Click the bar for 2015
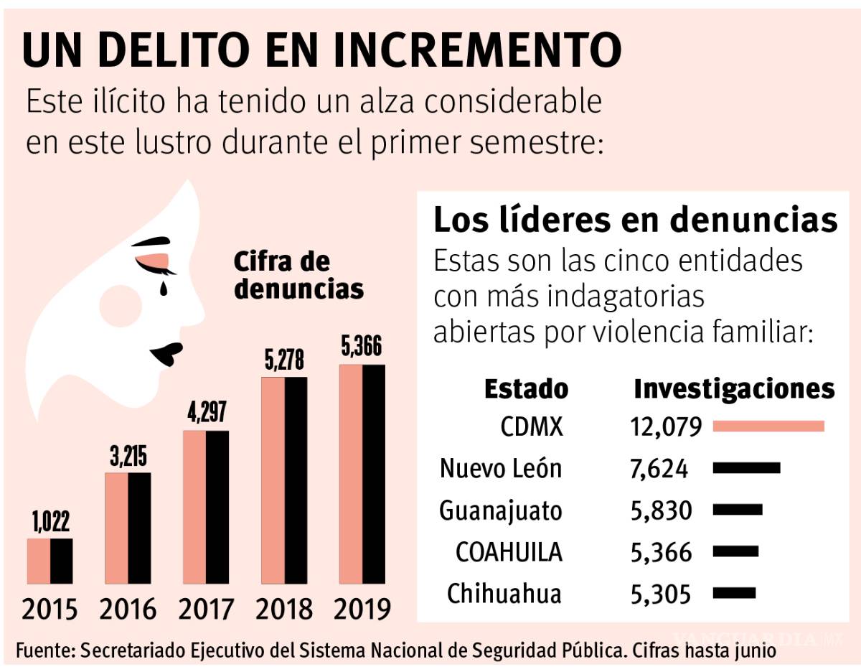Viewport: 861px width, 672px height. click(50, 561)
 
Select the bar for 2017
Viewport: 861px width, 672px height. click(206, 507)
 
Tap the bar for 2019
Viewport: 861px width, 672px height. click(362, 474)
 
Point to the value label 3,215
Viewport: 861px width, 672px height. click(128, 458)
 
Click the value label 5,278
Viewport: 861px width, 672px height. click(284, 362)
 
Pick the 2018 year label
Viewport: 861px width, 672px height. click(284, 610)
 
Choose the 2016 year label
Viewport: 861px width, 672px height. click(128, 610)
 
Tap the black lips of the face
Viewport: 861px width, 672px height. click(166, 352)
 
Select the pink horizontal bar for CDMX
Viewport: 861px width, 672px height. click(768, 426)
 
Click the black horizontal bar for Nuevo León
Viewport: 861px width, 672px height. click(746, 468)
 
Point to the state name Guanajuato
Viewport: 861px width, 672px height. click(501, 510)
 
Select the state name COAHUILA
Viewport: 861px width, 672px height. click(509, 552)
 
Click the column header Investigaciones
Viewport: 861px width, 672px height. click(734, 389)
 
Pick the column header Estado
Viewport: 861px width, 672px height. click(526, 389)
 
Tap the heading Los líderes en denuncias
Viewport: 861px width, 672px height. click(635, 221)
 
